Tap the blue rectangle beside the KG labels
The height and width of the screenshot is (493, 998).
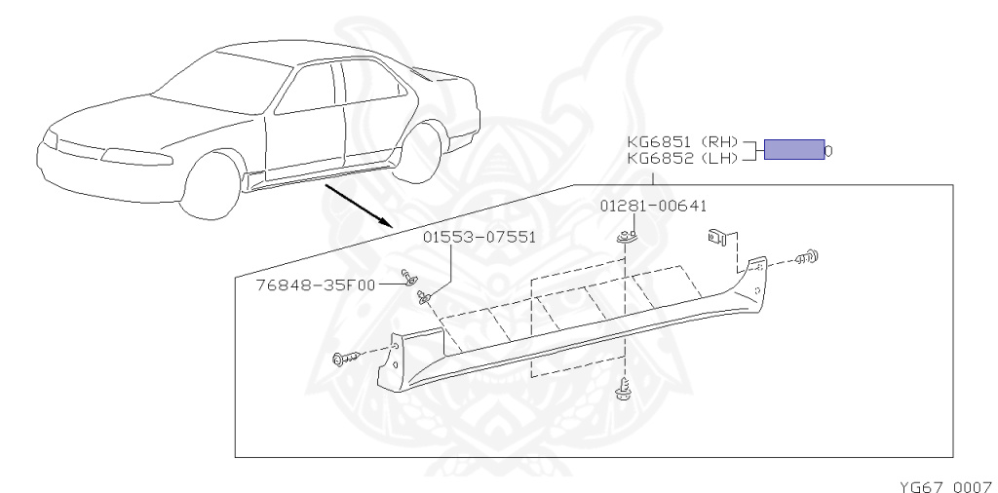[x=793, y=149]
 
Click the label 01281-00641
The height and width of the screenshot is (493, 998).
[x=652, y=206]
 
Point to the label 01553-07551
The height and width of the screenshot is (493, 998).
[x=479, y=237]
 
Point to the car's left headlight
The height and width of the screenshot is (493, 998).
[x=136, y=156]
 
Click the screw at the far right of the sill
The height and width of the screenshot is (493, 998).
[x=808, y=257]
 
